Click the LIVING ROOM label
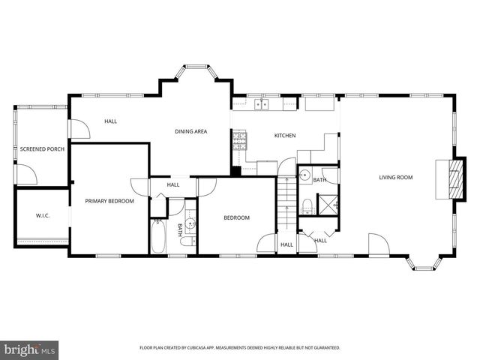click(x=396, y=177)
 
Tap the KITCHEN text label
click(x=285, y=136)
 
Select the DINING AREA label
click(x=191, y=131)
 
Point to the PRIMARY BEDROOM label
click(x=109, y=201)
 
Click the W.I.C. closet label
click(x=42, y=216)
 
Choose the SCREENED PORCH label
click(x=42, y=149)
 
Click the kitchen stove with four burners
click(x=239, y=140)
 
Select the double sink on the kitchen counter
click(x=262, y=104)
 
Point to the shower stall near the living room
click(x=327, y=204)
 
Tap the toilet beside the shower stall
click(x=307, y=205)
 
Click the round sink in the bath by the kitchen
click(x=304, y=176)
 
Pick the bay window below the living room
click(x=424, y=263)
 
